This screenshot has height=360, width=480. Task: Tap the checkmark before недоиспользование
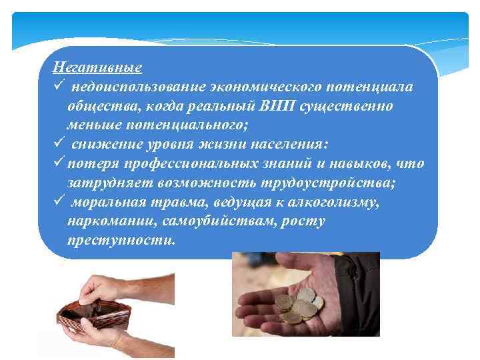59,87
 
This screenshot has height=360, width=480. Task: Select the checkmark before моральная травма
59,201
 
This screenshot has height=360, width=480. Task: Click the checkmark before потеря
59,163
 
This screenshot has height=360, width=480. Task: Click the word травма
173,201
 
